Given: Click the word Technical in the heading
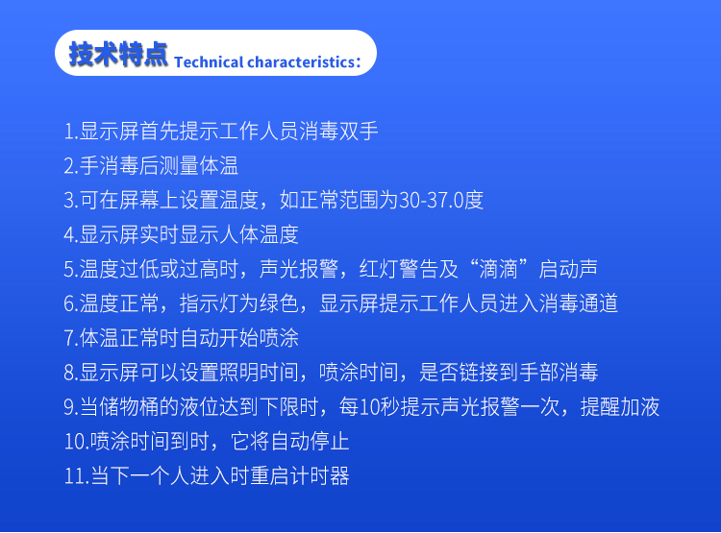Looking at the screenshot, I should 209,62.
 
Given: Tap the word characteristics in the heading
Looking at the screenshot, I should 300,62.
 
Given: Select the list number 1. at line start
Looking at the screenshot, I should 71,132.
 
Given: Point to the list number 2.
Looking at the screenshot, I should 71,166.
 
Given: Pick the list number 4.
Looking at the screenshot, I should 71,234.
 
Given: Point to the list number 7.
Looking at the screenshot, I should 71,338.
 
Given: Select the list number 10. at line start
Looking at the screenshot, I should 76,442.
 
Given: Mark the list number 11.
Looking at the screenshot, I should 76,476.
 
